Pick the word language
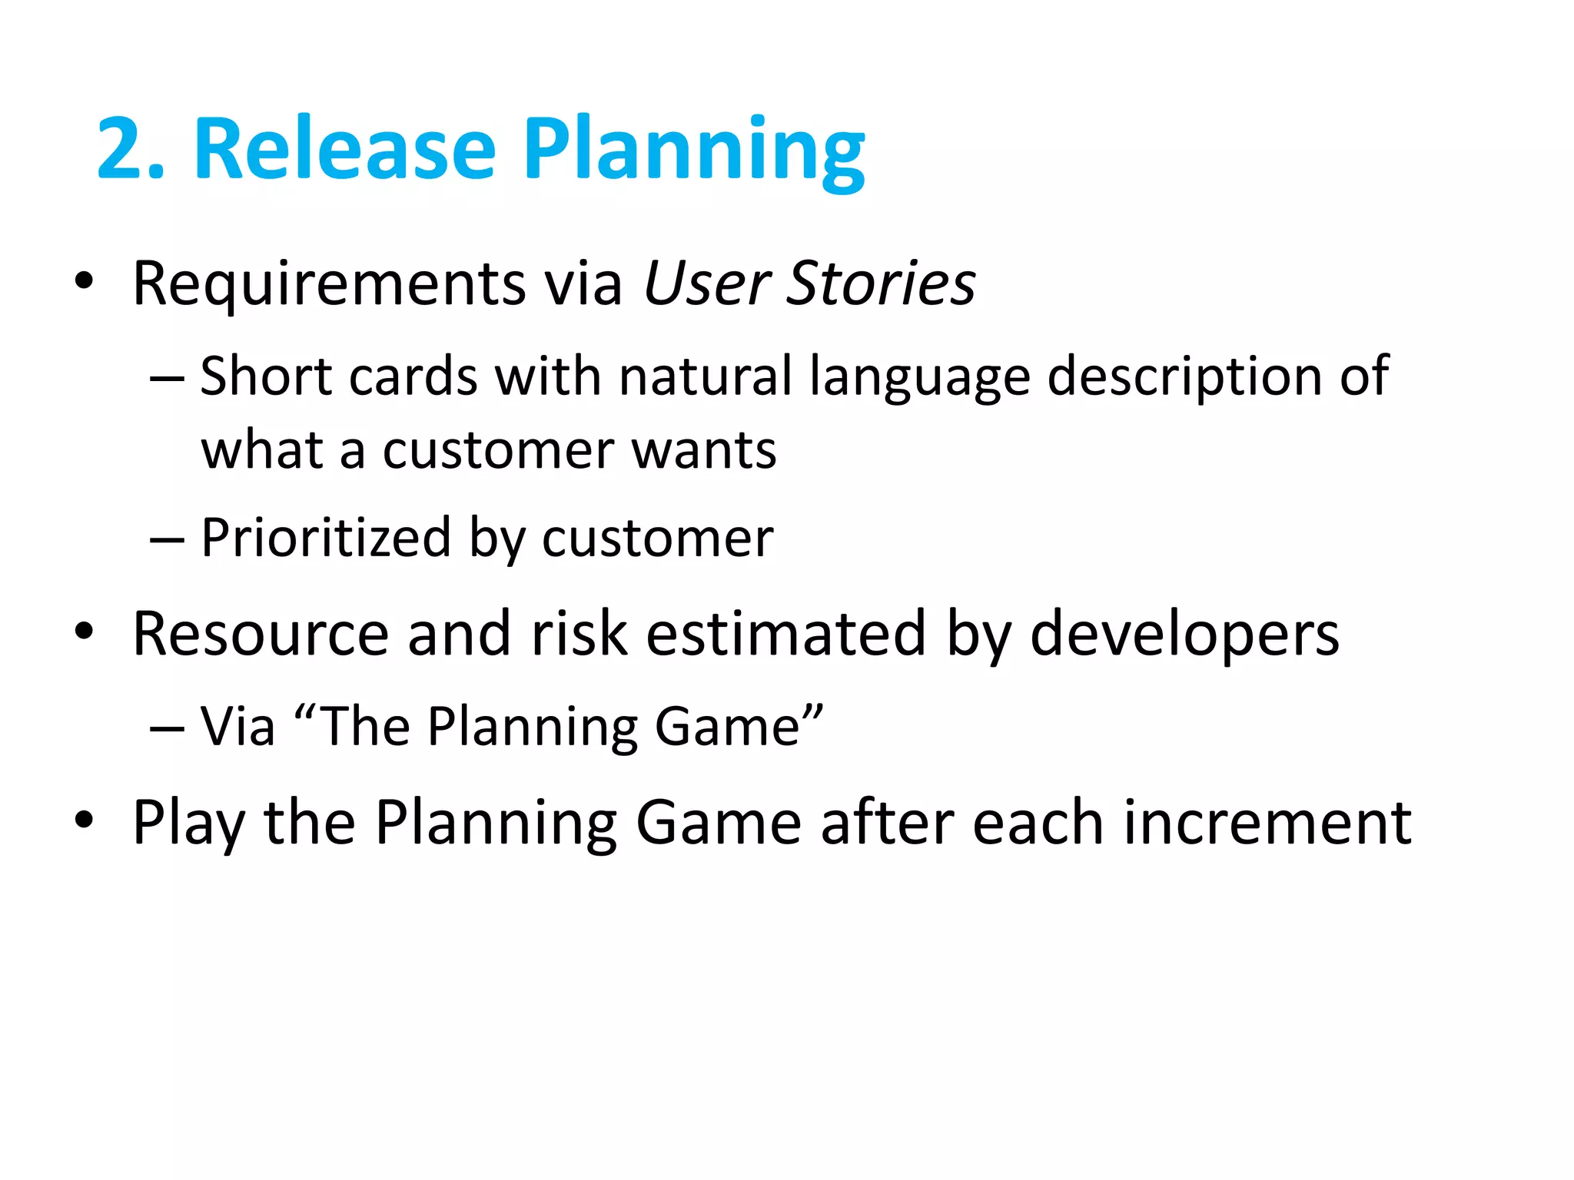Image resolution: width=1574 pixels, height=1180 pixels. [x=919, y=379]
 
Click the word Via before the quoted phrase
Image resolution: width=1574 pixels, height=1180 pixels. [x=237, y=727]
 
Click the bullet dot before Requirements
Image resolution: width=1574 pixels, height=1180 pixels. [x=84, y=281]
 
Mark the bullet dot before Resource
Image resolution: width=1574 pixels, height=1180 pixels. [x=84, y=631]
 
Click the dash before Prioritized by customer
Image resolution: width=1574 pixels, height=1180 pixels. [x=167, y=541]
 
